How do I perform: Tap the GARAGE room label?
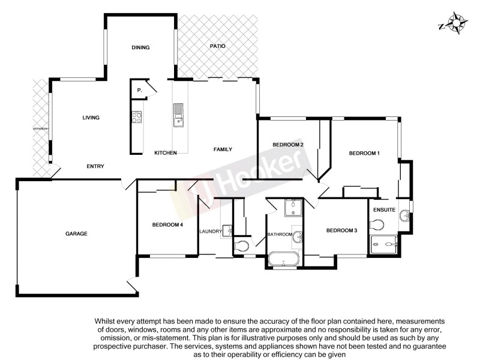point(77,233)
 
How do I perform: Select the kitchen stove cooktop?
point(136,117)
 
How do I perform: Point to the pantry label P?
point(139,90)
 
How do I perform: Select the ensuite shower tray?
point(384,243)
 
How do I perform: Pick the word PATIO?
point(217,46)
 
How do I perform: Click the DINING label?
point(140,47)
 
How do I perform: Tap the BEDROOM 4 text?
point(167,225)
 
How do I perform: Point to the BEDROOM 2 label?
point(288,145)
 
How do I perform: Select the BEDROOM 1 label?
point(364,154)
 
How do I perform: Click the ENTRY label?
point(96,166)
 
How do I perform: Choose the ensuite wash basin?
point(406,214)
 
